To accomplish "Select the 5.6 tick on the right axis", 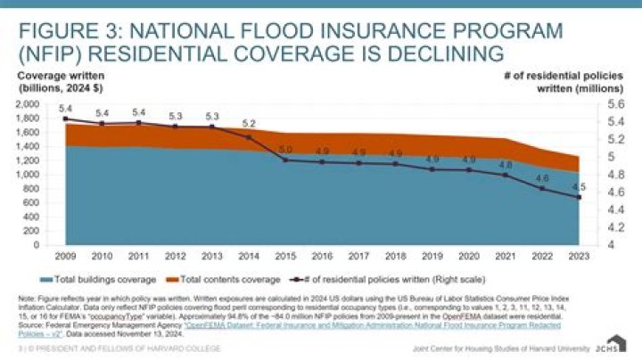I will pos(615,104).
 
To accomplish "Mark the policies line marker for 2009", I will pos(65,119).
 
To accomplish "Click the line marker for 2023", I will pos(579,198).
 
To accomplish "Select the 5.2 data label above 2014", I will pos(249,124).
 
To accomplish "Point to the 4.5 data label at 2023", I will pos(579,187).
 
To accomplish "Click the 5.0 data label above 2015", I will pos(285,150).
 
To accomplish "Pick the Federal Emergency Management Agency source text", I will pos(98,323).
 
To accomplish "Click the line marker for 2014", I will pos(249,137).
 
